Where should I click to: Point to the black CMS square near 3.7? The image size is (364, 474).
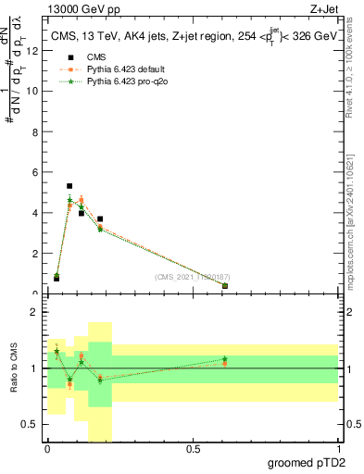[x=100, y=219]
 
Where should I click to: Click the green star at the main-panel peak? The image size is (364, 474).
[x=69, y=200]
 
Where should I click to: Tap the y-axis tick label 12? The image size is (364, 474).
[x=34, y=50]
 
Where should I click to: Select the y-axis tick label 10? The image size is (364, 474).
[x=34, y=91]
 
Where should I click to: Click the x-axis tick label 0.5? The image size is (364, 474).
[x=193, y=449]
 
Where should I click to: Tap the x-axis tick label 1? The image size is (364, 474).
[x=338, y=449]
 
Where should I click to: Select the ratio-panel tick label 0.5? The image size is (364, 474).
[x=32, y=424]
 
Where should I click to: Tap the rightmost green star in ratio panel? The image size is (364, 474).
[x=225, y=359]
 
